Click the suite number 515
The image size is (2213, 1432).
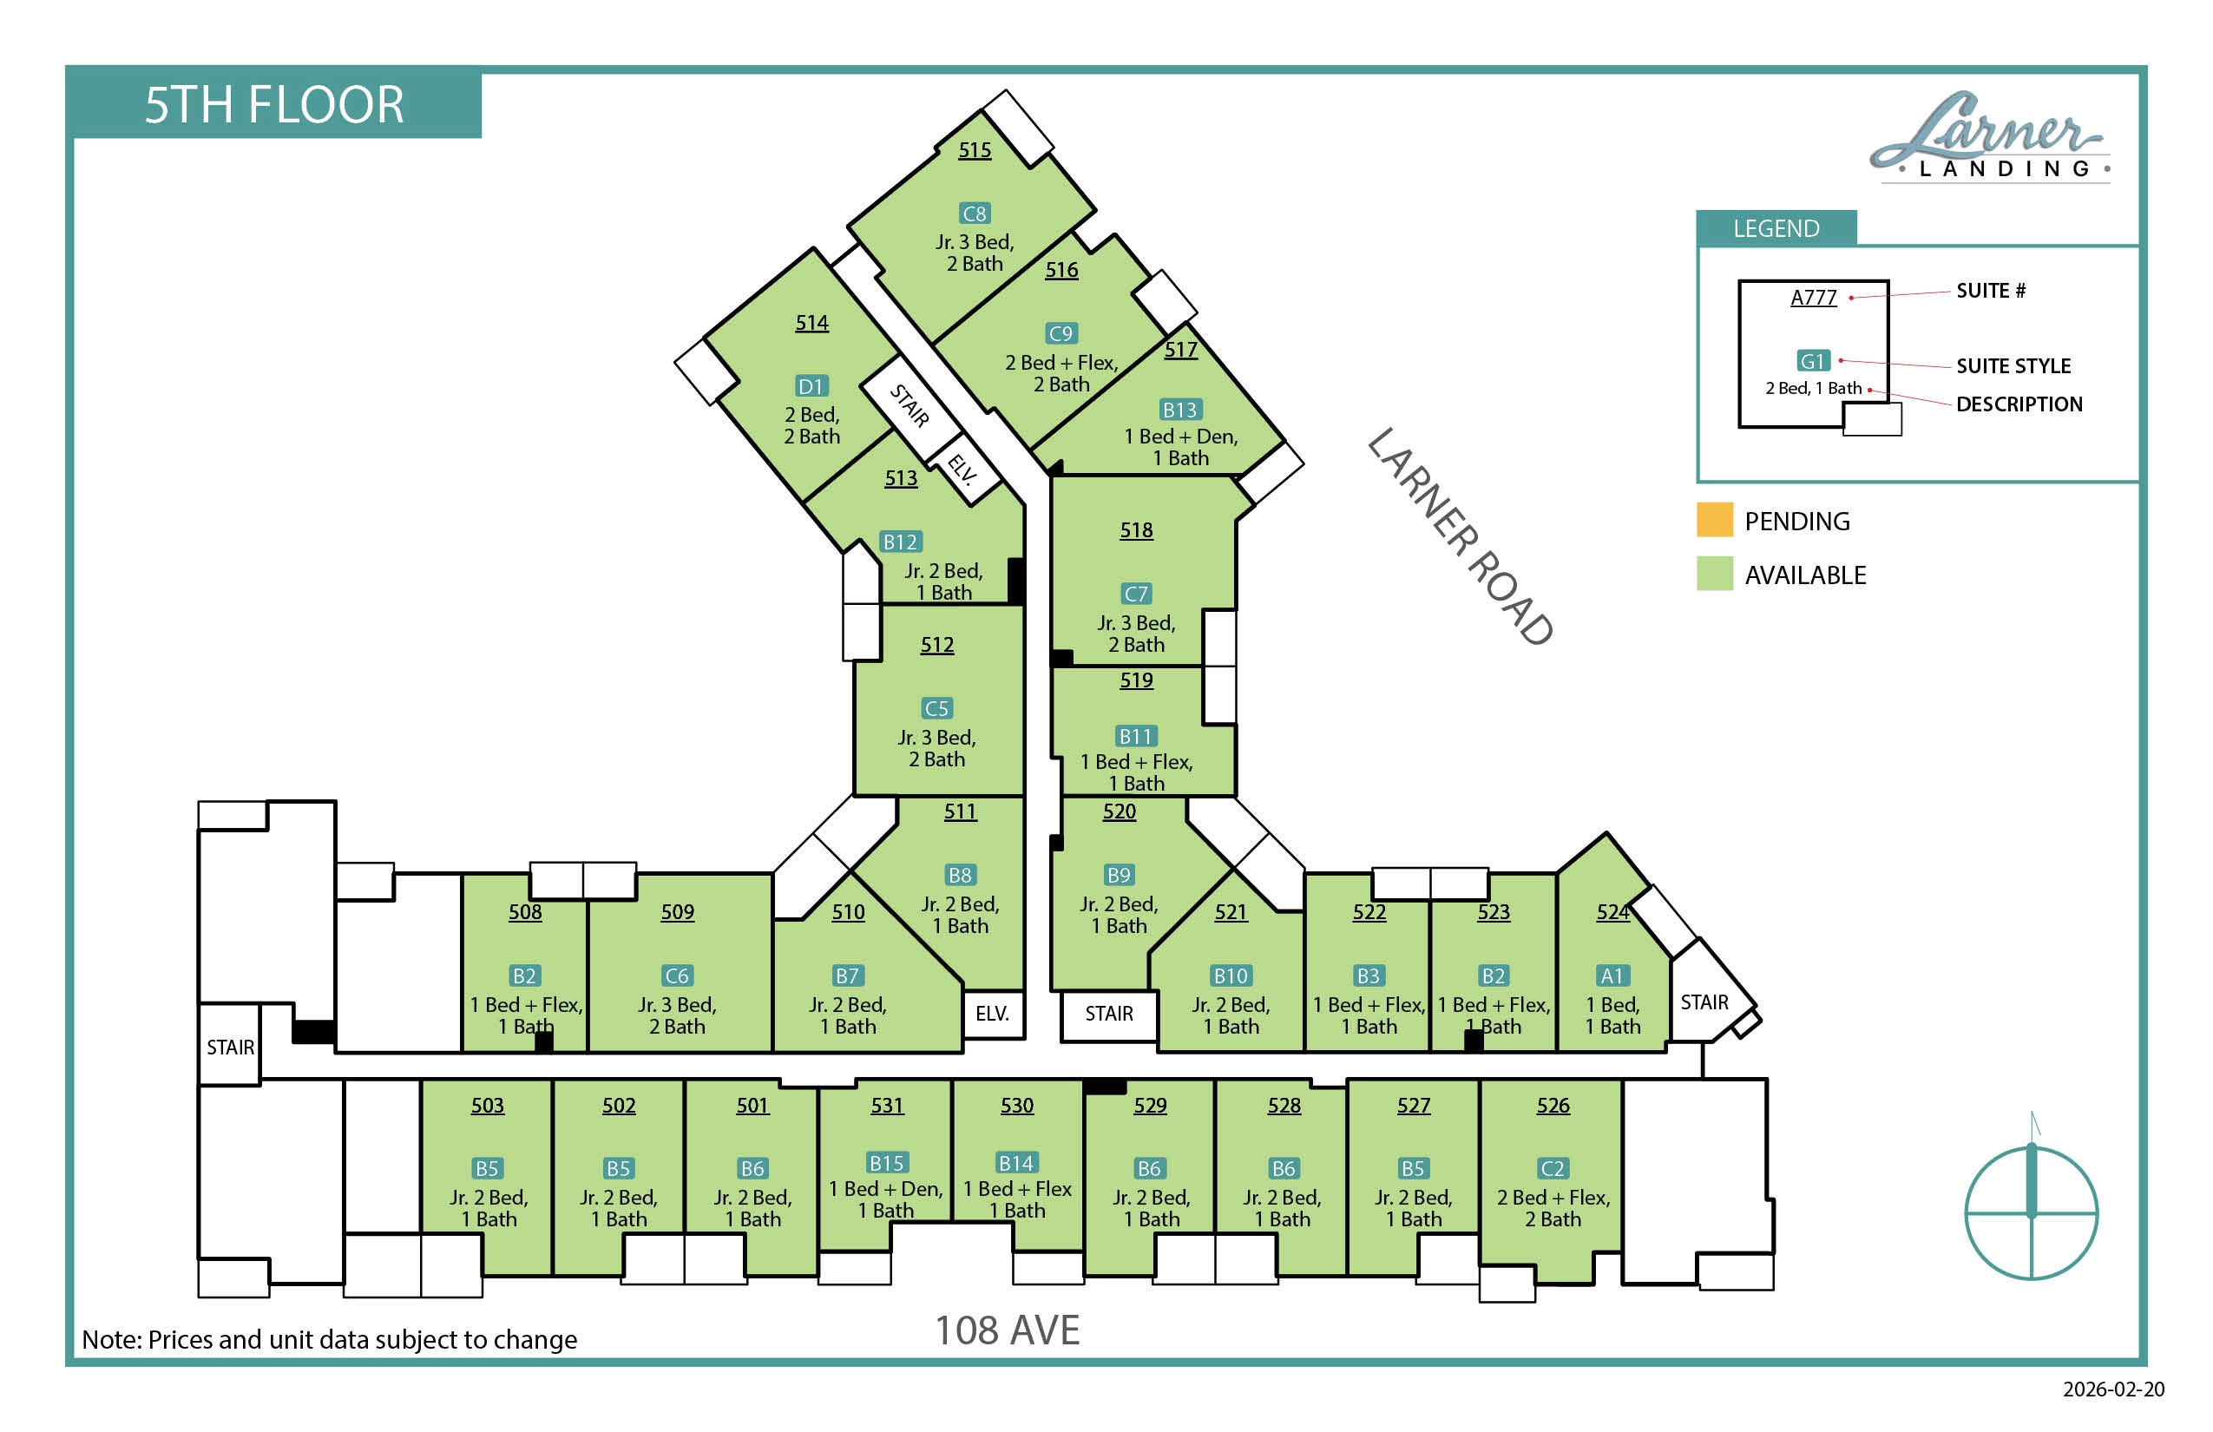coord(975,149)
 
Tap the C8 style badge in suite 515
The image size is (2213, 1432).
coord(975,213)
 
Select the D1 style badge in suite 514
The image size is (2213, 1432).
coord(811,386)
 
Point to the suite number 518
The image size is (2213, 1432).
coord(1136,530)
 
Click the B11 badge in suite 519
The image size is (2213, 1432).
coord(1135,737)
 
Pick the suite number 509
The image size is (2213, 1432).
coord(678,912)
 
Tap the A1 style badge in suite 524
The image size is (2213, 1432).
coord(1612,975)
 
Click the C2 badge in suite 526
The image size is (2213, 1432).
coord(1553,1168)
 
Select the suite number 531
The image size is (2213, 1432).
coord(887,1106)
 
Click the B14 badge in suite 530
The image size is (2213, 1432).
coord(1016,1162)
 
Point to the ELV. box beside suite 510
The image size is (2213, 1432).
coord(993,1014)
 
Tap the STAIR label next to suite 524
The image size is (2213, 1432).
coord(1704,1002)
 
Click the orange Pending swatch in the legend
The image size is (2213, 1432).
coord(1715,520)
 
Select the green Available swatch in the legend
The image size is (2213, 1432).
coord(1715,574)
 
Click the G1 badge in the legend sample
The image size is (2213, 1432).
coord(1813,361)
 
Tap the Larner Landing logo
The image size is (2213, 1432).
coord(1990,137)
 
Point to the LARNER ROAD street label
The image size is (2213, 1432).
coord(1460,536)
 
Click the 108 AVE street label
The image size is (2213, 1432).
coord(1007,1330)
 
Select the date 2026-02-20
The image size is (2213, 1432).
coord(2113,1389)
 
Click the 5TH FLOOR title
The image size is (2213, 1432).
coord(274,104)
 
